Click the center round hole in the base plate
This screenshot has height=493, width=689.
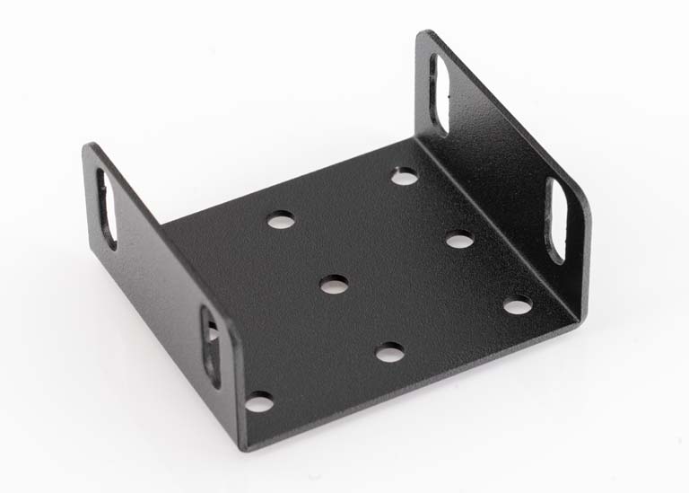(334, 285)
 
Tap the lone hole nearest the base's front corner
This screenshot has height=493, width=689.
(258, 401)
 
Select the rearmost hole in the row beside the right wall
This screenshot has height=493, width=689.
(405, 177)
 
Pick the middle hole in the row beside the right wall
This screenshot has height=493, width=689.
(459, 239)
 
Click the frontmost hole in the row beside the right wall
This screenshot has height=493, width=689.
(517, 305)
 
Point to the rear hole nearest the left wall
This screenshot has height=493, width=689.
(281, 219)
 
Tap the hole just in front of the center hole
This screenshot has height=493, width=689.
(389, 353)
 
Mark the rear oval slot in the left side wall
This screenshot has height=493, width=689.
(107, 208)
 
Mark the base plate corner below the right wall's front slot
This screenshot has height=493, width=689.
(575, 323)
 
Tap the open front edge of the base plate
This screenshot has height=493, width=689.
(413, 386)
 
